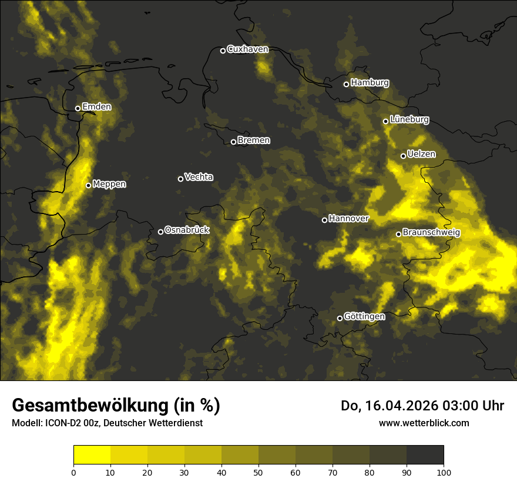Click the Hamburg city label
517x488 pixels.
(370, 83)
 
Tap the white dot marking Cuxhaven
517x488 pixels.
(223, 51)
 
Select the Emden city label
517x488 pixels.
(96, 107)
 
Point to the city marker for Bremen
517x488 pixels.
(233, 142)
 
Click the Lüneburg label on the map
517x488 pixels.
(409, 119)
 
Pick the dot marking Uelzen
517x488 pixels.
(403, 156)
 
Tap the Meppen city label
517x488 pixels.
(109, 184)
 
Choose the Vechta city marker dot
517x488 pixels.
(180, 179)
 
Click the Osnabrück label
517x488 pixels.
(187, 230)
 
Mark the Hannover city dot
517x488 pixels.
(324, 220)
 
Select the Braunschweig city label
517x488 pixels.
(431, 233)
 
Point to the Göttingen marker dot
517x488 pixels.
(340, 318)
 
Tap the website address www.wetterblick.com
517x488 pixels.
(424, 423)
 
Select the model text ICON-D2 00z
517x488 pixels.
(65, 423)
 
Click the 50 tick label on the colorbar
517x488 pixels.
(258, 472)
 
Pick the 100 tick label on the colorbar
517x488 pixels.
(444, 472)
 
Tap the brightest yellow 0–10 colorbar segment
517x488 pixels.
(92, 455)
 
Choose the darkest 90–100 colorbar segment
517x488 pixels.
(425, 455)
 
